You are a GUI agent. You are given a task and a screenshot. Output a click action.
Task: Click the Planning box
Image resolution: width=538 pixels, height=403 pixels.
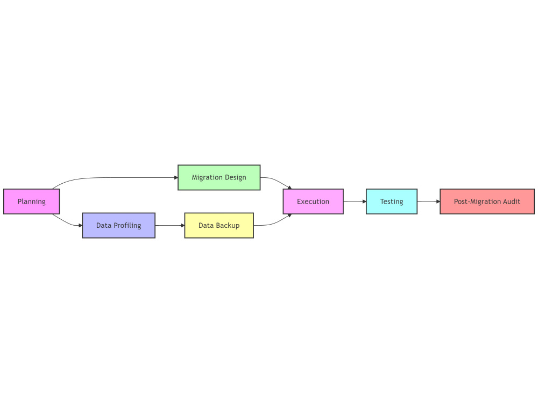click(32, 201)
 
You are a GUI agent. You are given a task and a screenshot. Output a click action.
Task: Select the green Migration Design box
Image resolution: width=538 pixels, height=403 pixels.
click(219, 177)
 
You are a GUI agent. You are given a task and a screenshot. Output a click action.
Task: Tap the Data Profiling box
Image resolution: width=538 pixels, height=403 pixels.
click(119, 226)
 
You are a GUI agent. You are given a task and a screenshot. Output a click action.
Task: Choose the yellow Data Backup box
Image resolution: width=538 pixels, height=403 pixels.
click(219, 226)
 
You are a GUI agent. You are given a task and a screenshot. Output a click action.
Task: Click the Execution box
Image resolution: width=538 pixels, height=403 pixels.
click(313, 201)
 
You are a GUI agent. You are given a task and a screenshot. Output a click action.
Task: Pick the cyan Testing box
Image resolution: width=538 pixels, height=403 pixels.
click(392, 201)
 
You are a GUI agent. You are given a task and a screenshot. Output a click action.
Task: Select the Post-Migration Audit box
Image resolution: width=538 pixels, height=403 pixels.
click(487, 201)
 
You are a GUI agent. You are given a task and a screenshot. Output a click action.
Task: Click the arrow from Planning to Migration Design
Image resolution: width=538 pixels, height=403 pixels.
click(113, 177)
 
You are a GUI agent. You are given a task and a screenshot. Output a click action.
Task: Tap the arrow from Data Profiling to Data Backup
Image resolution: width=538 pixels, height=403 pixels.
click(170, 226)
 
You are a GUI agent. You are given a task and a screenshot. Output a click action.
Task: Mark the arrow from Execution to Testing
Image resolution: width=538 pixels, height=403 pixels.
click(355, 201)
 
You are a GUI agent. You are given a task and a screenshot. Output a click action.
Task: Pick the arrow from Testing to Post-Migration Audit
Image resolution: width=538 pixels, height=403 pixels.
click(429, 201)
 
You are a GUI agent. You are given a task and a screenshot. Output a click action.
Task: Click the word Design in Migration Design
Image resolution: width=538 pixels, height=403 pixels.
click(236, 178)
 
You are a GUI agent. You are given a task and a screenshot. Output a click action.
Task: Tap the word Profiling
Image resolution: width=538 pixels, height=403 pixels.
click(128, 226)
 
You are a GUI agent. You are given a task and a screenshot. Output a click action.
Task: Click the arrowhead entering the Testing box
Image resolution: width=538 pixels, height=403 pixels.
click(364, 201)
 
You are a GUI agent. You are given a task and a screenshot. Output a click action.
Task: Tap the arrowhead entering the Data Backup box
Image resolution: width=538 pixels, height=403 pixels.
click(183, 226)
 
